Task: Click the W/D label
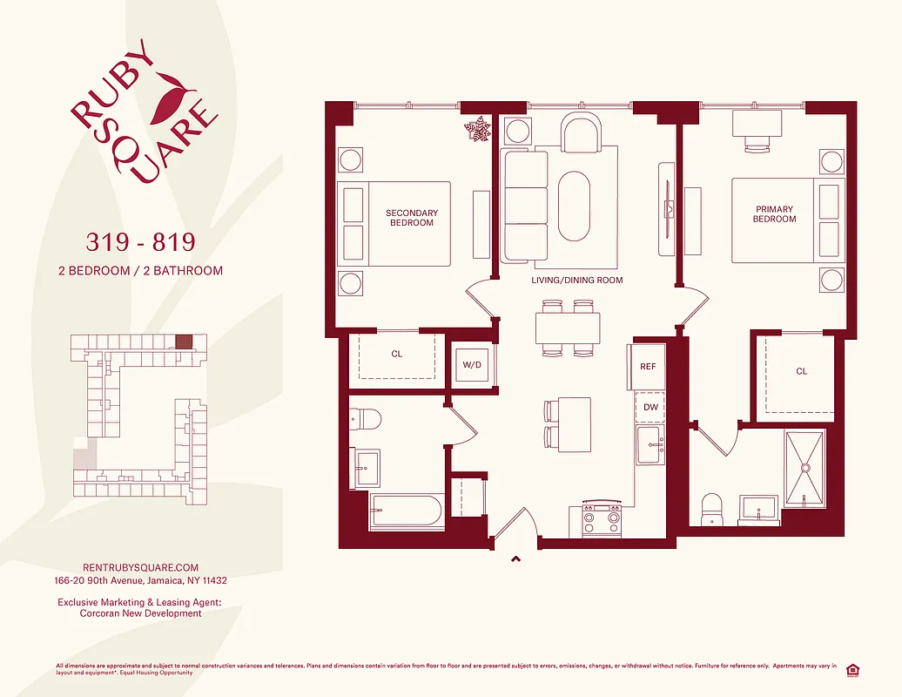point(471,365)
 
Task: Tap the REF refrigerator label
point(647,367)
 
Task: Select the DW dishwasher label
point(650,407)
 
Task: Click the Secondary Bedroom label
point(412,218)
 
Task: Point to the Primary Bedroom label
point(774,213)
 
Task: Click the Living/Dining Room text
point(577,281)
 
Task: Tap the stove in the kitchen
point(601,519)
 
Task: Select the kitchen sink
point(650,446)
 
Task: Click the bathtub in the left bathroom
point(407,511)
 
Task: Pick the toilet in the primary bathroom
point(712,509)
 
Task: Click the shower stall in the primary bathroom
point(805,469)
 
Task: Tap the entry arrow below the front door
point(515,559)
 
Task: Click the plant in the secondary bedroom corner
point(477,130)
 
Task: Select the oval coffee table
point(574,206)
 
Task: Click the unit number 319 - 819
point(139,240)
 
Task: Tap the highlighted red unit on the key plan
point(183,342)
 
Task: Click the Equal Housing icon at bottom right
point(852,669)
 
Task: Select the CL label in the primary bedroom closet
point(801,371)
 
